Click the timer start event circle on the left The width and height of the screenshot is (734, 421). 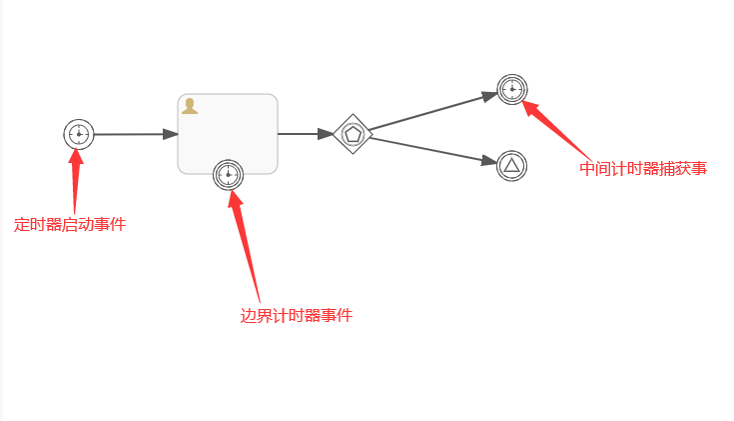tap(78, 134)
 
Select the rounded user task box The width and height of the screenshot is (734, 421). tap(228, 125)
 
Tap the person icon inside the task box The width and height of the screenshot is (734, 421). tap(190, 105)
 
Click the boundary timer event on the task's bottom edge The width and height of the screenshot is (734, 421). tap(229, 175)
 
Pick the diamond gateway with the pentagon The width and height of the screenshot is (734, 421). tap(353, 134)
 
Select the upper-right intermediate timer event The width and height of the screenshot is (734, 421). tap(512, 89)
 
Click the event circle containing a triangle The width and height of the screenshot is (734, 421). tap(511, 165)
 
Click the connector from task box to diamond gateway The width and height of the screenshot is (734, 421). tap(300, 133)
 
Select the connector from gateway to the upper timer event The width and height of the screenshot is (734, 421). tap(429, 112)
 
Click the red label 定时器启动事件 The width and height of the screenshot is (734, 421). tap(70, 224)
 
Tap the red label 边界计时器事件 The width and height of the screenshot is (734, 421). tap(297, 315)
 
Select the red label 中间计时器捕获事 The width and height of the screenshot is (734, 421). tap(643, 168)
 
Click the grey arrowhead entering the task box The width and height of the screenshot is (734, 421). tap(170, 134)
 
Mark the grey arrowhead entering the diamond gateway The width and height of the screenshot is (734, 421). tap(326, 133)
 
